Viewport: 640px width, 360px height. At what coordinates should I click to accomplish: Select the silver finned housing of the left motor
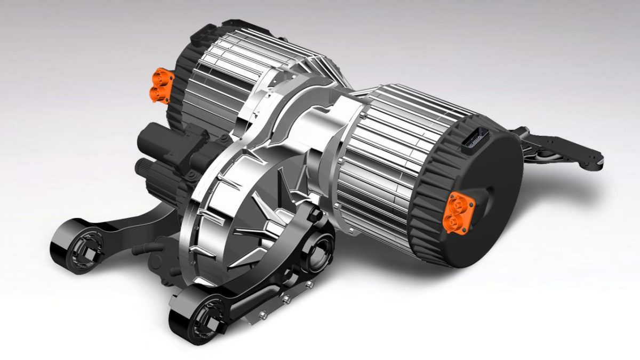pyautogui.click(x=235, y=69)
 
